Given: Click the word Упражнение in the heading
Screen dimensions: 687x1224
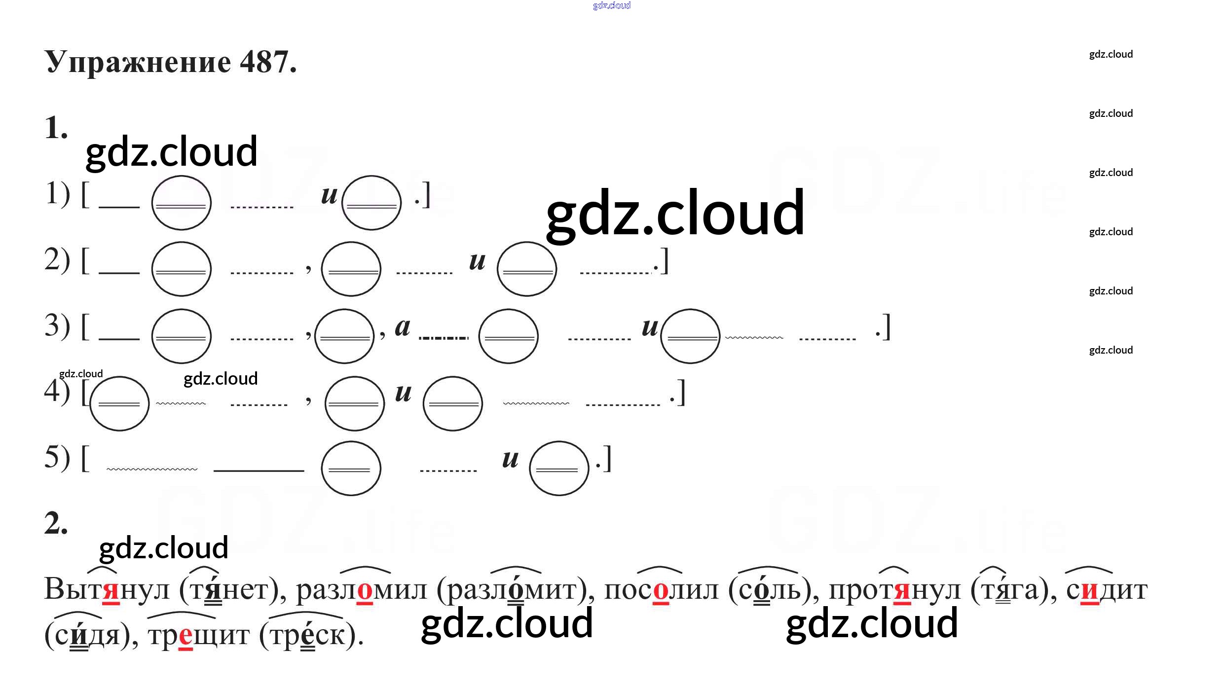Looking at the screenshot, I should (x=138, y=63).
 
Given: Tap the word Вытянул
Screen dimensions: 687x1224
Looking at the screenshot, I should (x=107, y=589).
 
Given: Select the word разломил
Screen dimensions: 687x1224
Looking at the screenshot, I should (x=361, y=589).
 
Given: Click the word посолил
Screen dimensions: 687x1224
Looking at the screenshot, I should (x=661, y=589).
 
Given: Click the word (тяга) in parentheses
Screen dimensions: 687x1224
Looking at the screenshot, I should (x=1013, y=589).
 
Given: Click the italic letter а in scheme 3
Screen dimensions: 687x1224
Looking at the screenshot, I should (x=403, y=327).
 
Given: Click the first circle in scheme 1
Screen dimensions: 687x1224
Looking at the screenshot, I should (x=181, y=203).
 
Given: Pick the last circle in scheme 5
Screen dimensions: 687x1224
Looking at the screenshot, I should (x=558, y=468).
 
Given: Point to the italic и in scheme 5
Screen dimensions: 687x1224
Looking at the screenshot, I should (x=510, y=459).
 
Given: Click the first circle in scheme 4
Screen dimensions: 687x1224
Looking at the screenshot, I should (x=119, y=403).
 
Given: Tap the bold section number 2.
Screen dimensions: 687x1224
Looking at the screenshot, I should (x=56, y=523).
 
